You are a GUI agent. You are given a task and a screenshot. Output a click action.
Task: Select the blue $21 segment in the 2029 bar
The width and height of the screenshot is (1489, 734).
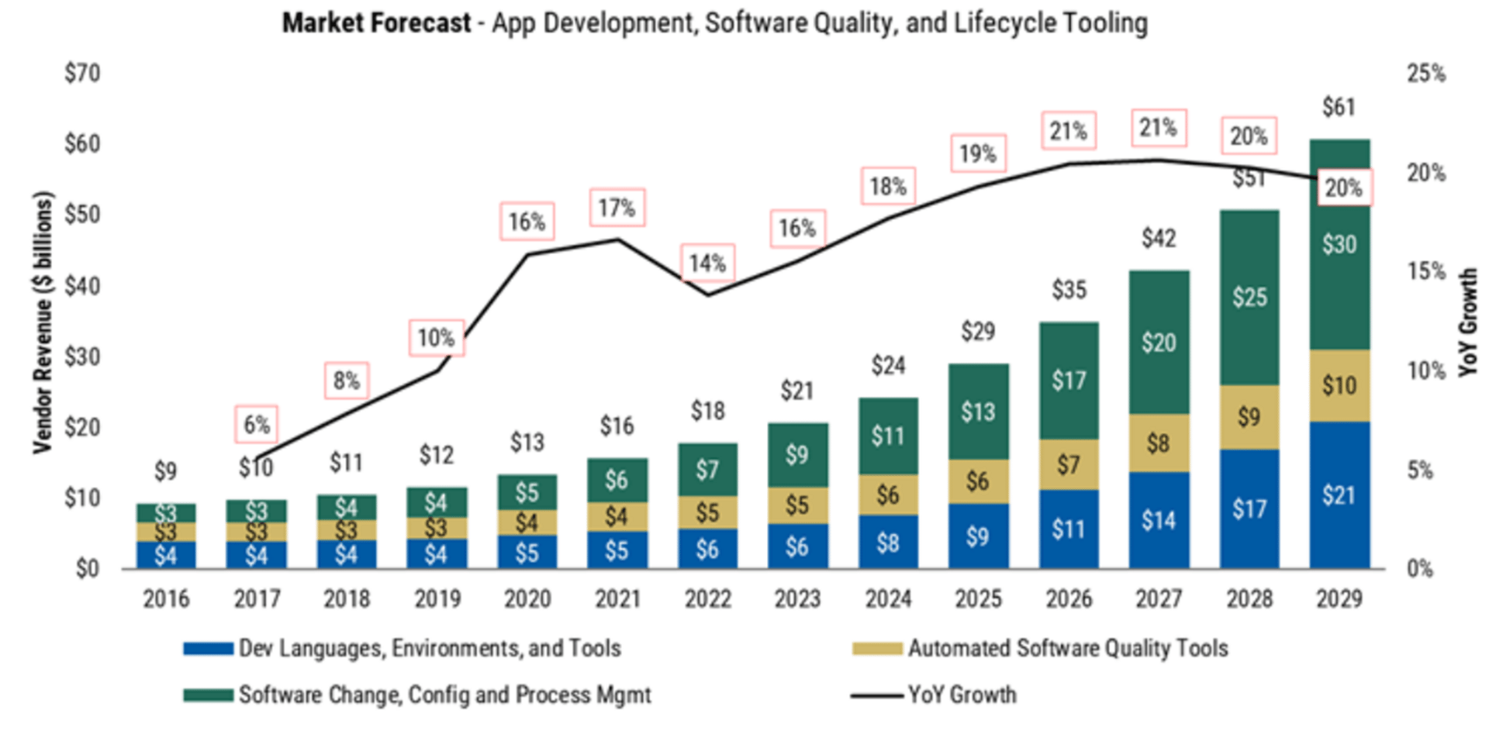pos(1339,495)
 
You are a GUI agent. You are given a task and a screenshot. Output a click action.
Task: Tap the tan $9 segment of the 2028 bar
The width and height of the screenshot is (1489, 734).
pos(1249,417)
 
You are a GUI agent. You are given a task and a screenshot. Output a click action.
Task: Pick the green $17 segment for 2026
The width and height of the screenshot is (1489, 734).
pos(1069,381)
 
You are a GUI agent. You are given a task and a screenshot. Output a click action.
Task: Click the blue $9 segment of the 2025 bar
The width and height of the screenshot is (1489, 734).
pos(978,536)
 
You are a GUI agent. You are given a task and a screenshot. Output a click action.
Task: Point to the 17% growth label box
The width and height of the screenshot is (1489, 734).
pos(617,208)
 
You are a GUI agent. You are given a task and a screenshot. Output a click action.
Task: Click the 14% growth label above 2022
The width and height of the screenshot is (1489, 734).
pos(707,264)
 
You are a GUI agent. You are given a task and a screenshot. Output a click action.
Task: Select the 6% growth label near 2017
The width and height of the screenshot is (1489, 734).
pos(257,425)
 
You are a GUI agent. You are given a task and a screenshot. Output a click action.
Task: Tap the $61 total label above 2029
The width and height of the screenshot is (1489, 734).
pos(1339,107)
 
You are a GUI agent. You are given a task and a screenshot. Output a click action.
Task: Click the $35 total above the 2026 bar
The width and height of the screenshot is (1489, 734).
pos(1069,291)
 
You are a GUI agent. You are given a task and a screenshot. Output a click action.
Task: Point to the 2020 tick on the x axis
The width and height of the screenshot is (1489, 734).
pos(527,599)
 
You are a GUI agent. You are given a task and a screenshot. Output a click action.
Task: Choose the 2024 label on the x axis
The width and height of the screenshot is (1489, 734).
pos(888,599)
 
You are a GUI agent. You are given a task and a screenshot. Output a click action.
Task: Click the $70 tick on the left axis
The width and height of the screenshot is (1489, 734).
pos(82,74)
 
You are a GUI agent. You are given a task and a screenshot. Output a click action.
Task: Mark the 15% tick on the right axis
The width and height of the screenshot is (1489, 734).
pos(1426,271)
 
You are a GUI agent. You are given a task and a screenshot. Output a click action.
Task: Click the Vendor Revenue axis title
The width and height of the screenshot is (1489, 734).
pos(43,322)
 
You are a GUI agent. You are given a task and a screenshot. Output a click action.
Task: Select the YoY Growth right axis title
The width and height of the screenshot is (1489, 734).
pos(1468,322)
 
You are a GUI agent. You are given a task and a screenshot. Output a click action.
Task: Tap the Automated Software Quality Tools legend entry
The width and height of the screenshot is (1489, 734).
pos(1068,648)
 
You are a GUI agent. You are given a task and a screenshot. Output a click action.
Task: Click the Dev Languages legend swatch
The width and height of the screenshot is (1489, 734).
pos(208,649)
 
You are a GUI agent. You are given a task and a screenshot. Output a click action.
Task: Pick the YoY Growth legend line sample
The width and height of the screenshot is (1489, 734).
pos(876,695)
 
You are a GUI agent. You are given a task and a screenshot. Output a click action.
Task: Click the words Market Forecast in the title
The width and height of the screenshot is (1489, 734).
pos(376,23)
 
